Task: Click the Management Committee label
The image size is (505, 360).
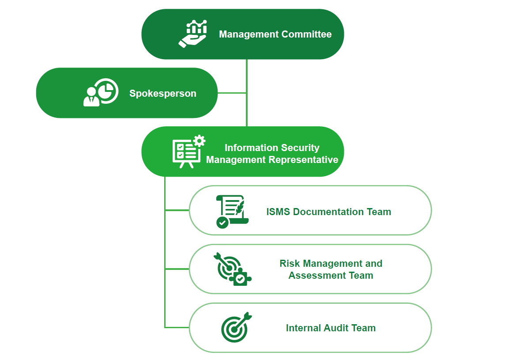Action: pos(275,34)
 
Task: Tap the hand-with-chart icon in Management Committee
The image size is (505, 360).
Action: pos(193,34)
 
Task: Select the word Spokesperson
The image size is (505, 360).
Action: pos(162,94)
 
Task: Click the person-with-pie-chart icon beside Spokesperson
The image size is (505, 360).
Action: pos(101,93)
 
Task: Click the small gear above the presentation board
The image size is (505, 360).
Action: pos(200,141)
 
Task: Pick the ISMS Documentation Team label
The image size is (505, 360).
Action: pos(328,212)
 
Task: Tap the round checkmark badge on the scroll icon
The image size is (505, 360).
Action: pos(222,222)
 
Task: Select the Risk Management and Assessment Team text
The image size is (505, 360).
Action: pos(331,269)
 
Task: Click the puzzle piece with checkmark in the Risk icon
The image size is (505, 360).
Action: pos(241,278)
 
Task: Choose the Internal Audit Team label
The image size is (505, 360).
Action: pos(331,328)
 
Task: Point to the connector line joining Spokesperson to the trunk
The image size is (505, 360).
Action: pos(232,93)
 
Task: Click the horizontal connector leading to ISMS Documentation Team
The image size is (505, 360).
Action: pos(177,210)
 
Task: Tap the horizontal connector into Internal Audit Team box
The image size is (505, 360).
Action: pos(177,327)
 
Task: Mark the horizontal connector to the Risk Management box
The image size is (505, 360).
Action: pos(177,269)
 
